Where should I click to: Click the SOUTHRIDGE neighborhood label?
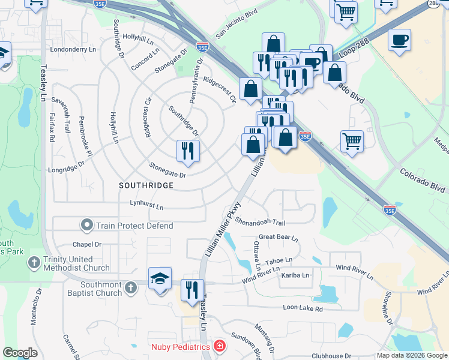click(146, 185)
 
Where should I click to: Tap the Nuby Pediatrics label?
click(180, 346)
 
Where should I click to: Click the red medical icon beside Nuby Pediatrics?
click(220, 346)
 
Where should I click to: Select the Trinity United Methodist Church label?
click(76, 263)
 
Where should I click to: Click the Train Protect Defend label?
click(134, 226)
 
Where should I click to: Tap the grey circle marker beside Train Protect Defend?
click(87, 226)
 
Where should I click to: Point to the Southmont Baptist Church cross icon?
click(130, 288)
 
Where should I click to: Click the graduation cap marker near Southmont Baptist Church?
click(160, 279)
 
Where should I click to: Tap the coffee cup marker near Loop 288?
click(399, 40)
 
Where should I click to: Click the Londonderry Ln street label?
click(74, 49)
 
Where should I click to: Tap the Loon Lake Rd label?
click(303, 308)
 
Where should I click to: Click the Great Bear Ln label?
click(279, 237)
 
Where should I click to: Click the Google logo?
click(20, 353)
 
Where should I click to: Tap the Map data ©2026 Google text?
click(412, 355)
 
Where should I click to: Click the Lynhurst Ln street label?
click(146, 205)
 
